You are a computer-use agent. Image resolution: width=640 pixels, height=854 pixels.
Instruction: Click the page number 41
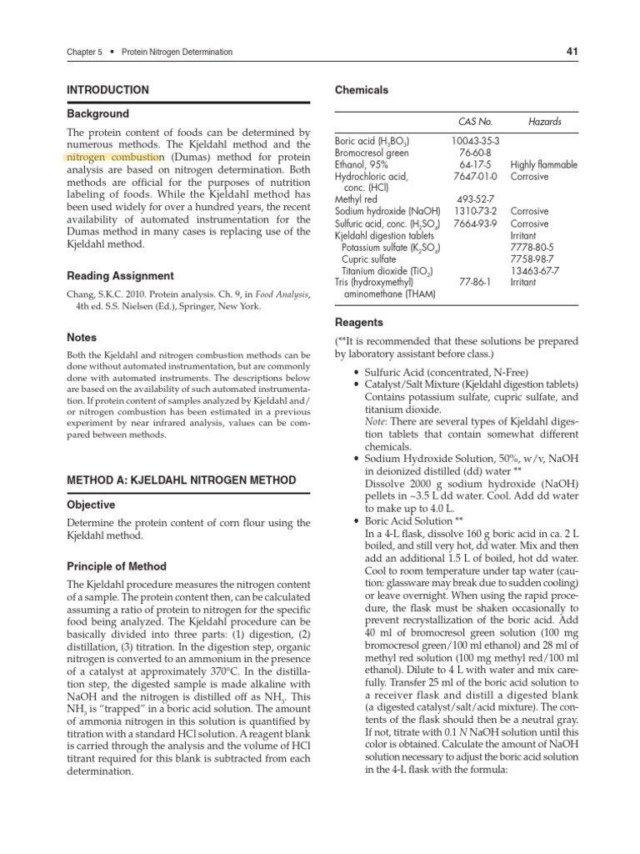click(x=572, y=52)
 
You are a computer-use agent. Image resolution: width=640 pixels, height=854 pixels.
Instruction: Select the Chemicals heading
click(x=361, y=90)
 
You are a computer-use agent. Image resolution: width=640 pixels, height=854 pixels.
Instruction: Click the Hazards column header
click(x=545, y=122)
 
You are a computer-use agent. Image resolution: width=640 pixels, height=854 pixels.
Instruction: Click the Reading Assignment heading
click(x=120, y=276)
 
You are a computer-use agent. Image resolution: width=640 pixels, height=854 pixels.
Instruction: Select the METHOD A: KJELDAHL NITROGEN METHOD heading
click(x=181, y=480)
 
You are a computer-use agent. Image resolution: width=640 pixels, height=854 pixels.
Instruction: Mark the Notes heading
click(x=82, y=338)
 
